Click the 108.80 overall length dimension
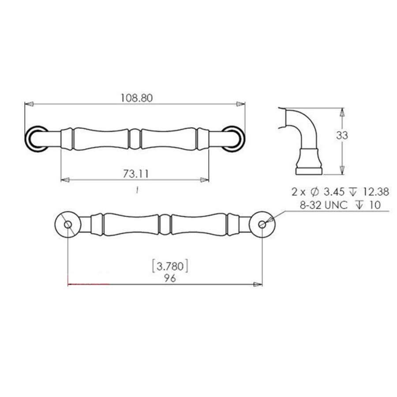pos(136,98)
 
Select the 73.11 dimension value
pos(135,174)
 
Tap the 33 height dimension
pos(342,136)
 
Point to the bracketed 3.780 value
pos(170,266)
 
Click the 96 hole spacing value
pos(170,278)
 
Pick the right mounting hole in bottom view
pos(262,225)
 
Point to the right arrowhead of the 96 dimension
pos(258,285)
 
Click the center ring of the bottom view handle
pos(165,225)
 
